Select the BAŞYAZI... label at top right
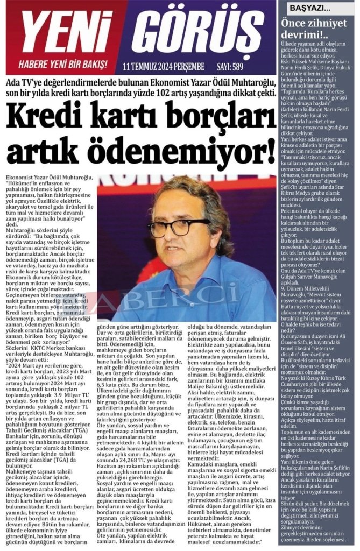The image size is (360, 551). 310,9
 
